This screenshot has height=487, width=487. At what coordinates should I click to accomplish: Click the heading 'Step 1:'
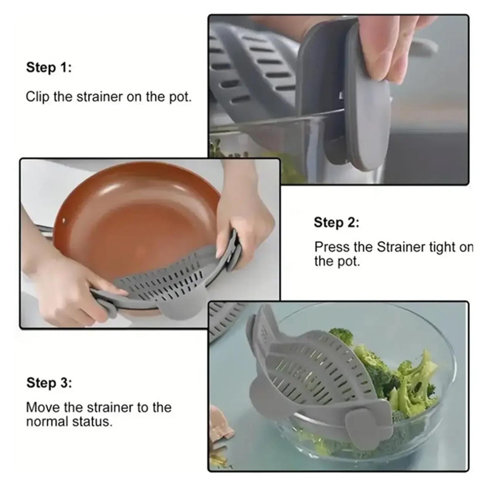(x=49, y=67)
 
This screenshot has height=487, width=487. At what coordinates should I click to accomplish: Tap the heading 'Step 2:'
(x=337, y=222)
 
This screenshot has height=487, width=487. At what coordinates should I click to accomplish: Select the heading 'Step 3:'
(x=49, y=383)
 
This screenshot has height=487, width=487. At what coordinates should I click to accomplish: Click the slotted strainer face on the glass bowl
(x=317, y=371)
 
